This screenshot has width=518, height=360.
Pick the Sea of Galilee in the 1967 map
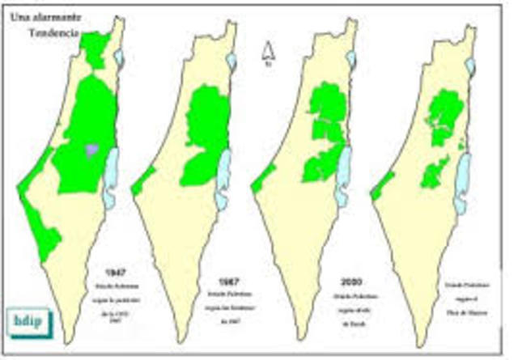(x=232, y=61)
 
